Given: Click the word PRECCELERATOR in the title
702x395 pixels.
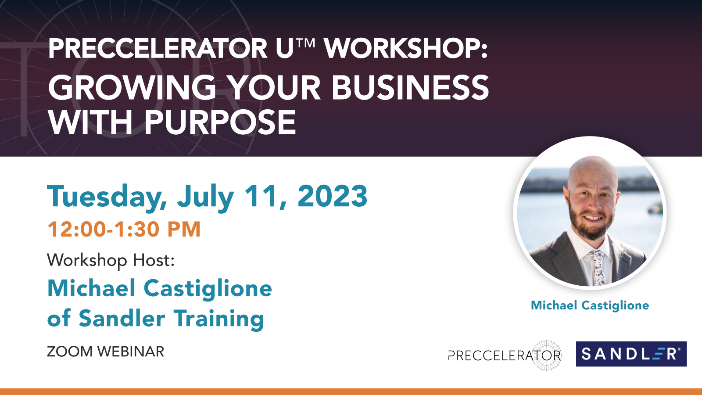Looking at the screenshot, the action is coord(158,48).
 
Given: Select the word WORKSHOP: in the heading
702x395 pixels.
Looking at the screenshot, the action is coord(406,48).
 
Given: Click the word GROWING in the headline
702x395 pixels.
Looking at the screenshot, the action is coord(132,87).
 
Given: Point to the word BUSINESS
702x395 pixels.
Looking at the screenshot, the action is coord(410,87).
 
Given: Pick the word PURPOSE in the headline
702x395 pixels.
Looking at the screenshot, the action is coord(220,122).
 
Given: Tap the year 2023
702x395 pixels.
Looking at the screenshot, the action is coord(332,196).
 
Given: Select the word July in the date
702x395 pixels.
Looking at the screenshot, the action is coord(206,197).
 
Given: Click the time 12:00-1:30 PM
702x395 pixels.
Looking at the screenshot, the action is coord(124,229).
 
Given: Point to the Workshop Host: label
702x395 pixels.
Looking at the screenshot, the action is coord(111,260).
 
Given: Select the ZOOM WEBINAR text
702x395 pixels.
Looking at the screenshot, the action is coord(106,352).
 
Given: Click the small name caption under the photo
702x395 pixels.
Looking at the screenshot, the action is coord(590,305).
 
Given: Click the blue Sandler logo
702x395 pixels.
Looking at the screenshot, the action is coord(631,354).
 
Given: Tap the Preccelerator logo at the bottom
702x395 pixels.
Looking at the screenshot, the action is coord(505,355).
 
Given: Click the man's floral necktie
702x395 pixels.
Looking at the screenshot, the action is coord(597,268).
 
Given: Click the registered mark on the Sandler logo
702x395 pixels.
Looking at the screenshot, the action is coord(679,349).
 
